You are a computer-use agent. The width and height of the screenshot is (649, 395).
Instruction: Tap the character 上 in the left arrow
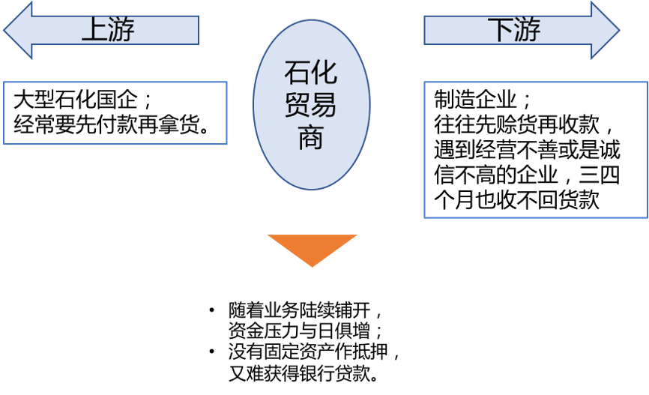click(94, 30)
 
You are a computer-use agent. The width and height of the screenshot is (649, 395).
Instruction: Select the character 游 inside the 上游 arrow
click(121, 30)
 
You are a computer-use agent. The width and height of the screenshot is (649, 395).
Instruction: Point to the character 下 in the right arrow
click(500, 30)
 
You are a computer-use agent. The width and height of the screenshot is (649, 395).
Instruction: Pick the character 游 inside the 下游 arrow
click(527, 30)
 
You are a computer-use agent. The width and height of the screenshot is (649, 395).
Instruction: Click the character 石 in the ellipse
click(298, 73)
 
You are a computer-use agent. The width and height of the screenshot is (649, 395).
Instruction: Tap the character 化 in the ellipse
click(324, 73)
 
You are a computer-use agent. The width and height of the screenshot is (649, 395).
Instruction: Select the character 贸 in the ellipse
click(298, 106)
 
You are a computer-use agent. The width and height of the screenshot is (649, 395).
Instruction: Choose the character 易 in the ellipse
click(324, 106)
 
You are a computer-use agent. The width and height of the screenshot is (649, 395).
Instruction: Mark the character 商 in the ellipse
click(311, 138)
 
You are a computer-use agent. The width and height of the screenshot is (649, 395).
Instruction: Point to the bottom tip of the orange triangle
click(312, 266)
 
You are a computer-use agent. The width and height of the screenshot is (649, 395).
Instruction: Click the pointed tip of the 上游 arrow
click(5, 31)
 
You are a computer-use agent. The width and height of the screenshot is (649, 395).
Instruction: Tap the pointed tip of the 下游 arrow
click(618, 31)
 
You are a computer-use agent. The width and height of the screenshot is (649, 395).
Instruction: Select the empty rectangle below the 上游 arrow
click(115, 113)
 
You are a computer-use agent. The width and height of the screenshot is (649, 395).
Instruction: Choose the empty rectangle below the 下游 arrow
click(536, 150)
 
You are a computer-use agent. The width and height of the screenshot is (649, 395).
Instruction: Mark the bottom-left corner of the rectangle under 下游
click(425, 217)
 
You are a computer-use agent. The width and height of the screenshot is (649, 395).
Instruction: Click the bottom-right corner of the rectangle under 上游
click(226, 144)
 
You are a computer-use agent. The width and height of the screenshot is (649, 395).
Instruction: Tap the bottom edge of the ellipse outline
click(311, 190)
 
